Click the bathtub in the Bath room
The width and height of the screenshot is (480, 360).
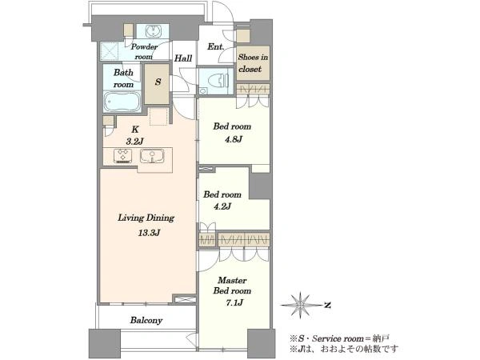pyautogui.click(x=122, y=102)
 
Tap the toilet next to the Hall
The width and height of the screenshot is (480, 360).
pyautogui.click(x=218, y=81)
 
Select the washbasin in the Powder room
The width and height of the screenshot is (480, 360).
pyautogui.click(x=153, y=31)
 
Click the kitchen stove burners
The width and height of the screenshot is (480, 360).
pyautogui.click(x=122, y=155)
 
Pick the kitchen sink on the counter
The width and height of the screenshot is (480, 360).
pyautogui.click(x=152, y=155)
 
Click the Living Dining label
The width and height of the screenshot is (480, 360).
pyautogui.click(x=146, y=218)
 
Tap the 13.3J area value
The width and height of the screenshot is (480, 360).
pyautogui.click(x=149, y=233)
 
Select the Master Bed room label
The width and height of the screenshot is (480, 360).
pyautogui.click(x=232, y=286)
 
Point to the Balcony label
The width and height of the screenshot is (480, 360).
pyautogui.click(x=146, y=321)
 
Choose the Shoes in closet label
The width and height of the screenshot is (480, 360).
pyautogui.click(x=253, y=63)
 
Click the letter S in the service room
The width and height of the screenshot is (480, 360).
pyautogui.click(x=158, y=82)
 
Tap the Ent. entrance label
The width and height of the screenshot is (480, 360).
pyautogui.click(x=216, y=47)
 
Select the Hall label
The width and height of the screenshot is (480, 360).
pyautogui.click(x=183, y=58)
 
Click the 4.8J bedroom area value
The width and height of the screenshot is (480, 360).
pyautogui.click(x=234, y=139)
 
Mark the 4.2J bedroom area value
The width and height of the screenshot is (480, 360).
pyautogui.click(x=222, y=206)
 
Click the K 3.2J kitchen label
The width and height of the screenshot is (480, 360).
pyautogui.click(x=135, y=135)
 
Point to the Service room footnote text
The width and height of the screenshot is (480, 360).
pyautogui.click(x=340, y=338)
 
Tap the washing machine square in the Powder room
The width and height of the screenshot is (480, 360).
pyautogui.click(x=110, y=51)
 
